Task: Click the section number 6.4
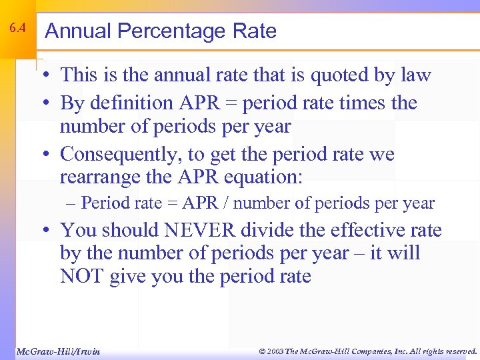[x=17, y=29]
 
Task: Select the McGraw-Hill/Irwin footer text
[x=57, y=351]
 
